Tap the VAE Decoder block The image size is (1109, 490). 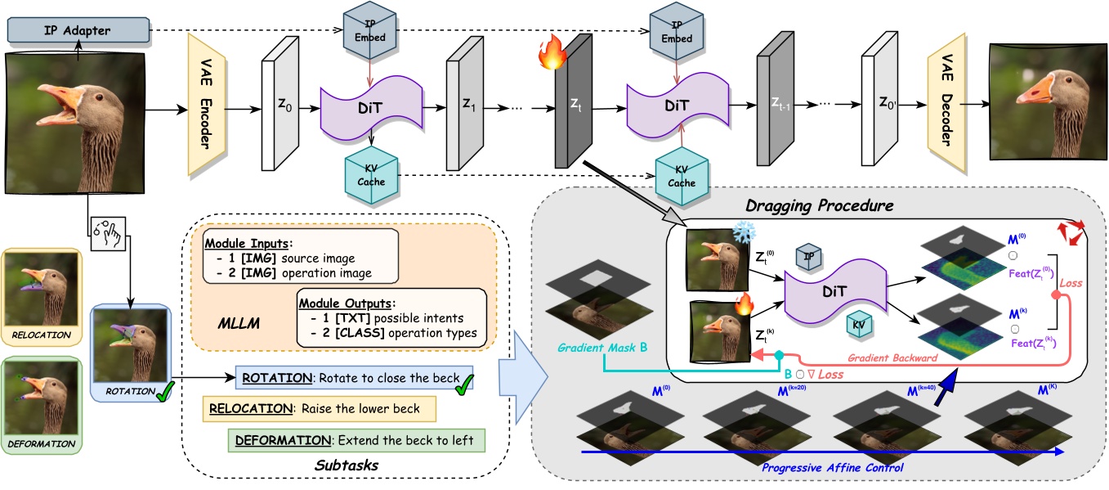click(944, 104)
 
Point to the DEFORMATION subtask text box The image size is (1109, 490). click(356, 440)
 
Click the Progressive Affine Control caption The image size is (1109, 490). click(831, 467)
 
